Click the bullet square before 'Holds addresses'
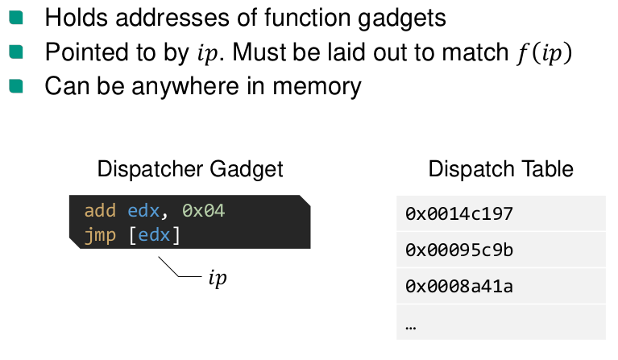point(17,16)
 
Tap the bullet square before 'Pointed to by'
point(17,52)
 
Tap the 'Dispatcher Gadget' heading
point(190,169)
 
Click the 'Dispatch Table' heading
point(500,169)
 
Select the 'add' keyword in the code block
point(100,211)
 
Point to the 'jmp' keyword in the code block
point(100,236)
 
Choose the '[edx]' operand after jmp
point(154,236)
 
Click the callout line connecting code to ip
point(178,269)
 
